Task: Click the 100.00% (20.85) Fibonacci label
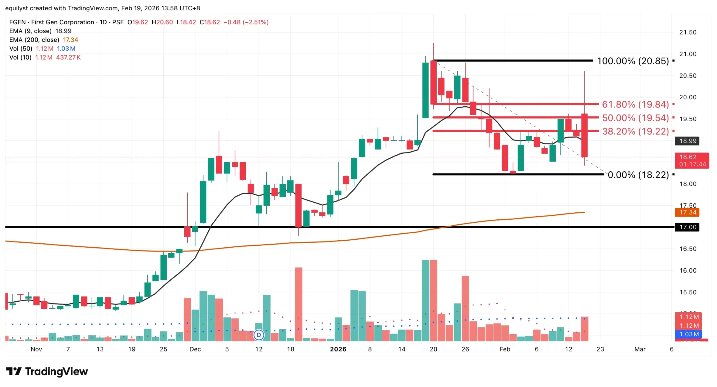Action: pos(632,61)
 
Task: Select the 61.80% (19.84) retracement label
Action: pos(635,104)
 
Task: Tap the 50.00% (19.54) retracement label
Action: pos(635,118)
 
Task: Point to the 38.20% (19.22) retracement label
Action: pos(635,131)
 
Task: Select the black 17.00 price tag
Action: pos(687,227)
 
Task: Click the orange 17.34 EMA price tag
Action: pos(687,212)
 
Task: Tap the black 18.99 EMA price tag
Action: pos(687,141)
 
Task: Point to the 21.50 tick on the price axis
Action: pos(688,32)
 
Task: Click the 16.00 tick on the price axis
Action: pos(688,271)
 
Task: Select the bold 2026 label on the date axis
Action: pos(338,349)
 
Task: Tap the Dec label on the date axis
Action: pos(195,349)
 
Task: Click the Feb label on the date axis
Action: pos(505,349)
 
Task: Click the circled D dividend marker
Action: pos(259,335)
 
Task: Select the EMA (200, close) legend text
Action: pos(34,40)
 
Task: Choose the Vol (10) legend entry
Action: pos(20,57)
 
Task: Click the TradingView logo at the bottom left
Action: pos(47,372)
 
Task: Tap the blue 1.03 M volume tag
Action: pos(689,334)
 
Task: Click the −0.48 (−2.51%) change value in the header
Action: pos(246,22)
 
